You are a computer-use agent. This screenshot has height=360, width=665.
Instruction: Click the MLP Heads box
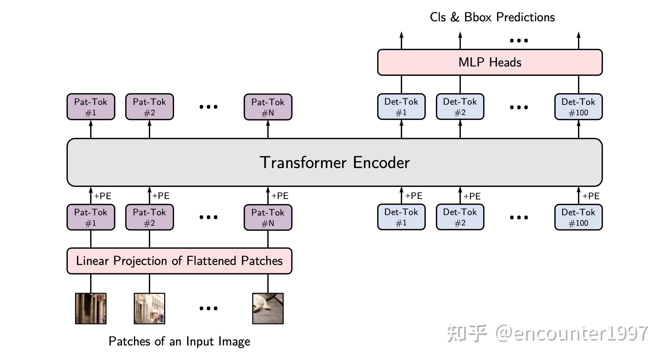[490, 62]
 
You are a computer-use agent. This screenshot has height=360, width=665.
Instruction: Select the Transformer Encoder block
[335, 162]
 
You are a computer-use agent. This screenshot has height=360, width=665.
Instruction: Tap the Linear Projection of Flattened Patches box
[179, 261]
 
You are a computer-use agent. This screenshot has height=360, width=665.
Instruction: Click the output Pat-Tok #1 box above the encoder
[91, 107]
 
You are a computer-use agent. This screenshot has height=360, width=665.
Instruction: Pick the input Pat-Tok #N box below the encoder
[268, 217]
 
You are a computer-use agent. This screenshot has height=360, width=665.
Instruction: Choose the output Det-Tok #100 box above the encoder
[578, 107]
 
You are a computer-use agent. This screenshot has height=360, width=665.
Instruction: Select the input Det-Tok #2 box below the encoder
[460, 217]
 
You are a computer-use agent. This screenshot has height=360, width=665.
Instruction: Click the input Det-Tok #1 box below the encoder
[401, 217]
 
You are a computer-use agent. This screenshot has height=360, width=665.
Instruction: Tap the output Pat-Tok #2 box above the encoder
[149, 107]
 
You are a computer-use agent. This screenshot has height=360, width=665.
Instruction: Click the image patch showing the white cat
[268, 308]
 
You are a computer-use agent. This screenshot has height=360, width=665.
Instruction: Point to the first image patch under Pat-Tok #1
[91, 308]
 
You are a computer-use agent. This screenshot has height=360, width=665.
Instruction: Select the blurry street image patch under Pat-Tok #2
[149, 308]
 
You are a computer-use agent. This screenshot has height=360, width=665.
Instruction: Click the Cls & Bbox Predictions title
[492, 17]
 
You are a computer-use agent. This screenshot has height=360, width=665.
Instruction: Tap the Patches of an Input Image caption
[179, 341]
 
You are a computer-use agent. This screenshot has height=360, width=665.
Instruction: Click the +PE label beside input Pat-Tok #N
[280, 196]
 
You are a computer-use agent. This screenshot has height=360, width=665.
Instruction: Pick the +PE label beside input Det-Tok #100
[591, 196]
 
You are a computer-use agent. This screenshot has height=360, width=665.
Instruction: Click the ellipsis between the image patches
[208, 309]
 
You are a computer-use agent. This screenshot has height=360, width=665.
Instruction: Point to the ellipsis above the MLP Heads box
[519, 41]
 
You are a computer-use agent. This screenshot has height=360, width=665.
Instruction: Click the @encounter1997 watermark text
[571, 334]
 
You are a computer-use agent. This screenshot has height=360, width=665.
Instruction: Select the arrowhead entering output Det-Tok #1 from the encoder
[401, 123]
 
